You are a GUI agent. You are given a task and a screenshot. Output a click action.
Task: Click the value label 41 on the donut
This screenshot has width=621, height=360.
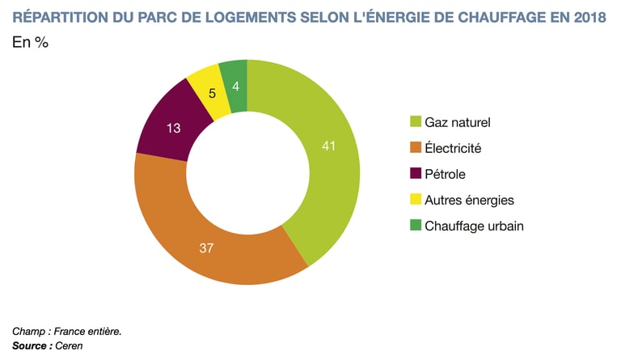pyautogui.click(x=327, y=146)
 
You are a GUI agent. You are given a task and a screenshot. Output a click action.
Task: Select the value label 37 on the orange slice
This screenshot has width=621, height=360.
pyautogui.click(x=206, y=248)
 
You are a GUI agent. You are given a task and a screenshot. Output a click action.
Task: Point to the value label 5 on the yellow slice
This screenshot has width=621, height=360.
pyautogui.click(x=212, y=93)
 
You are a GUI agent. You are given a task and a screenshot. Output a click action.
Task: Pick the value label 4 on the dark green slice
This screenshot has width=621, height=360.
pyautogui.click(x=234, y=85)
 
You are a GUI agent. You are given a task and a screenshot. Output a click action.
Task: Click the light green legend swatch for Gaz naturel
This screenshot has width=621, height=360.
pyautogui.click(x=416, y=123)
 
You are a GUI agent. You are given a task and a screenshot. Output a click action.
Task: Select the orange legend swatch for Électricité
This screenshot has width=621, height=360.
pyautogui.click(x=416, y=148)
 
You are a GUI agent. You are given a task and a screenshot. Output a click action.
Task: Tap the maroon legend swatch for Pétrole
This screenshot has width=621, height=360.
pyautogui.click(x=416, y=174)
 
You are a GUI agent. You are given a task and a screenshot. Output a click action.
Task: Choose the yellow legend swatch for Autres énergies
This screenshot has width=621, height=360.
pyautogui.click(x=416, y=200)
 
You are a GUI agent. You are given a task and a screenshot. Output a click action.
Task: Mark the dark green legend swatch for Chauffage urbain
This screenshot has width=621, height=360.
pyautogui.click(x=416, y=226)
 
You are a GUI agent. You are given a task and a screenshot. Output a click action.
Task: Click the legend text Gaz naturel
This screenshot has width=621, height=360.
pyautogui.click(x=458, y=123)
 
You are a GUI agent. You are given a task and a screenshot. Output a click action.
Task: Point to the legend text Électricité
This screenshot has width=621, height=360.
pyautogui.click(x=453, y=148)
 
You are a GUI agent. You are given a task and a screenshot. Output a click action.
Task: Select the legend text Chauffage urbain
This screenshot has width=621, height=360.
pyautogui.click(x=474, y=226)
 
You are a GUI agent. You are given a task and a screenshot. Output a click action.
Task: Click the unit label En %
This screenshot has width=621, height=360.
pyautogui.click(x=30, y=43)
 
